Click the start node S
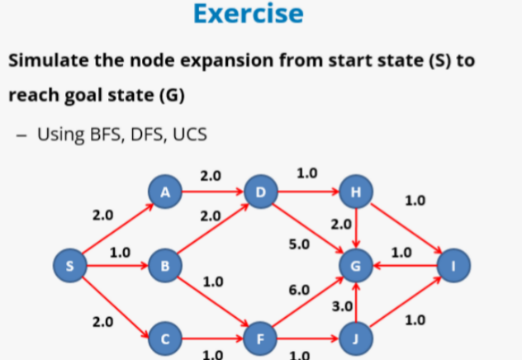point(70,266)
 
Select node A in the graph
point(165,193)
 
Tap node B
point(165,266)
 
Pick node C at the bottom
point(165,338)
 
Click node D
point(261,193)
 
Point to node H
point(356,193)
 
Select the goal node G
point(356,266)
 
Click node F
point(261,338)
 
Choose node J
point(356,338)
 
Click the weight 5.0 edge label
point(299,244)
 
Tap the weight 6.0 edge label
point(299,291)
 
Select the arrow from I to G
point(404,266)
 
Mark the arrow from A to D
point(213,193)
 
